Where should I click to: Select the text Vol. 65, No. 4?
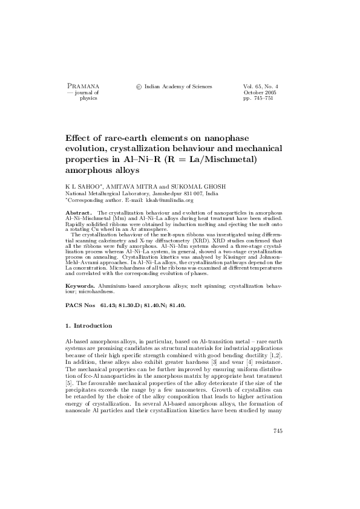coord(260,86)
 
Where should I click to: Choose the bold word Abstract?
coord(77,213)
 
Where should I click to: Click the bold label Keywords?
coord(80,284)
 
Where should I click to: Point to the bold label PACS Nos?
coord(79,305)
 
